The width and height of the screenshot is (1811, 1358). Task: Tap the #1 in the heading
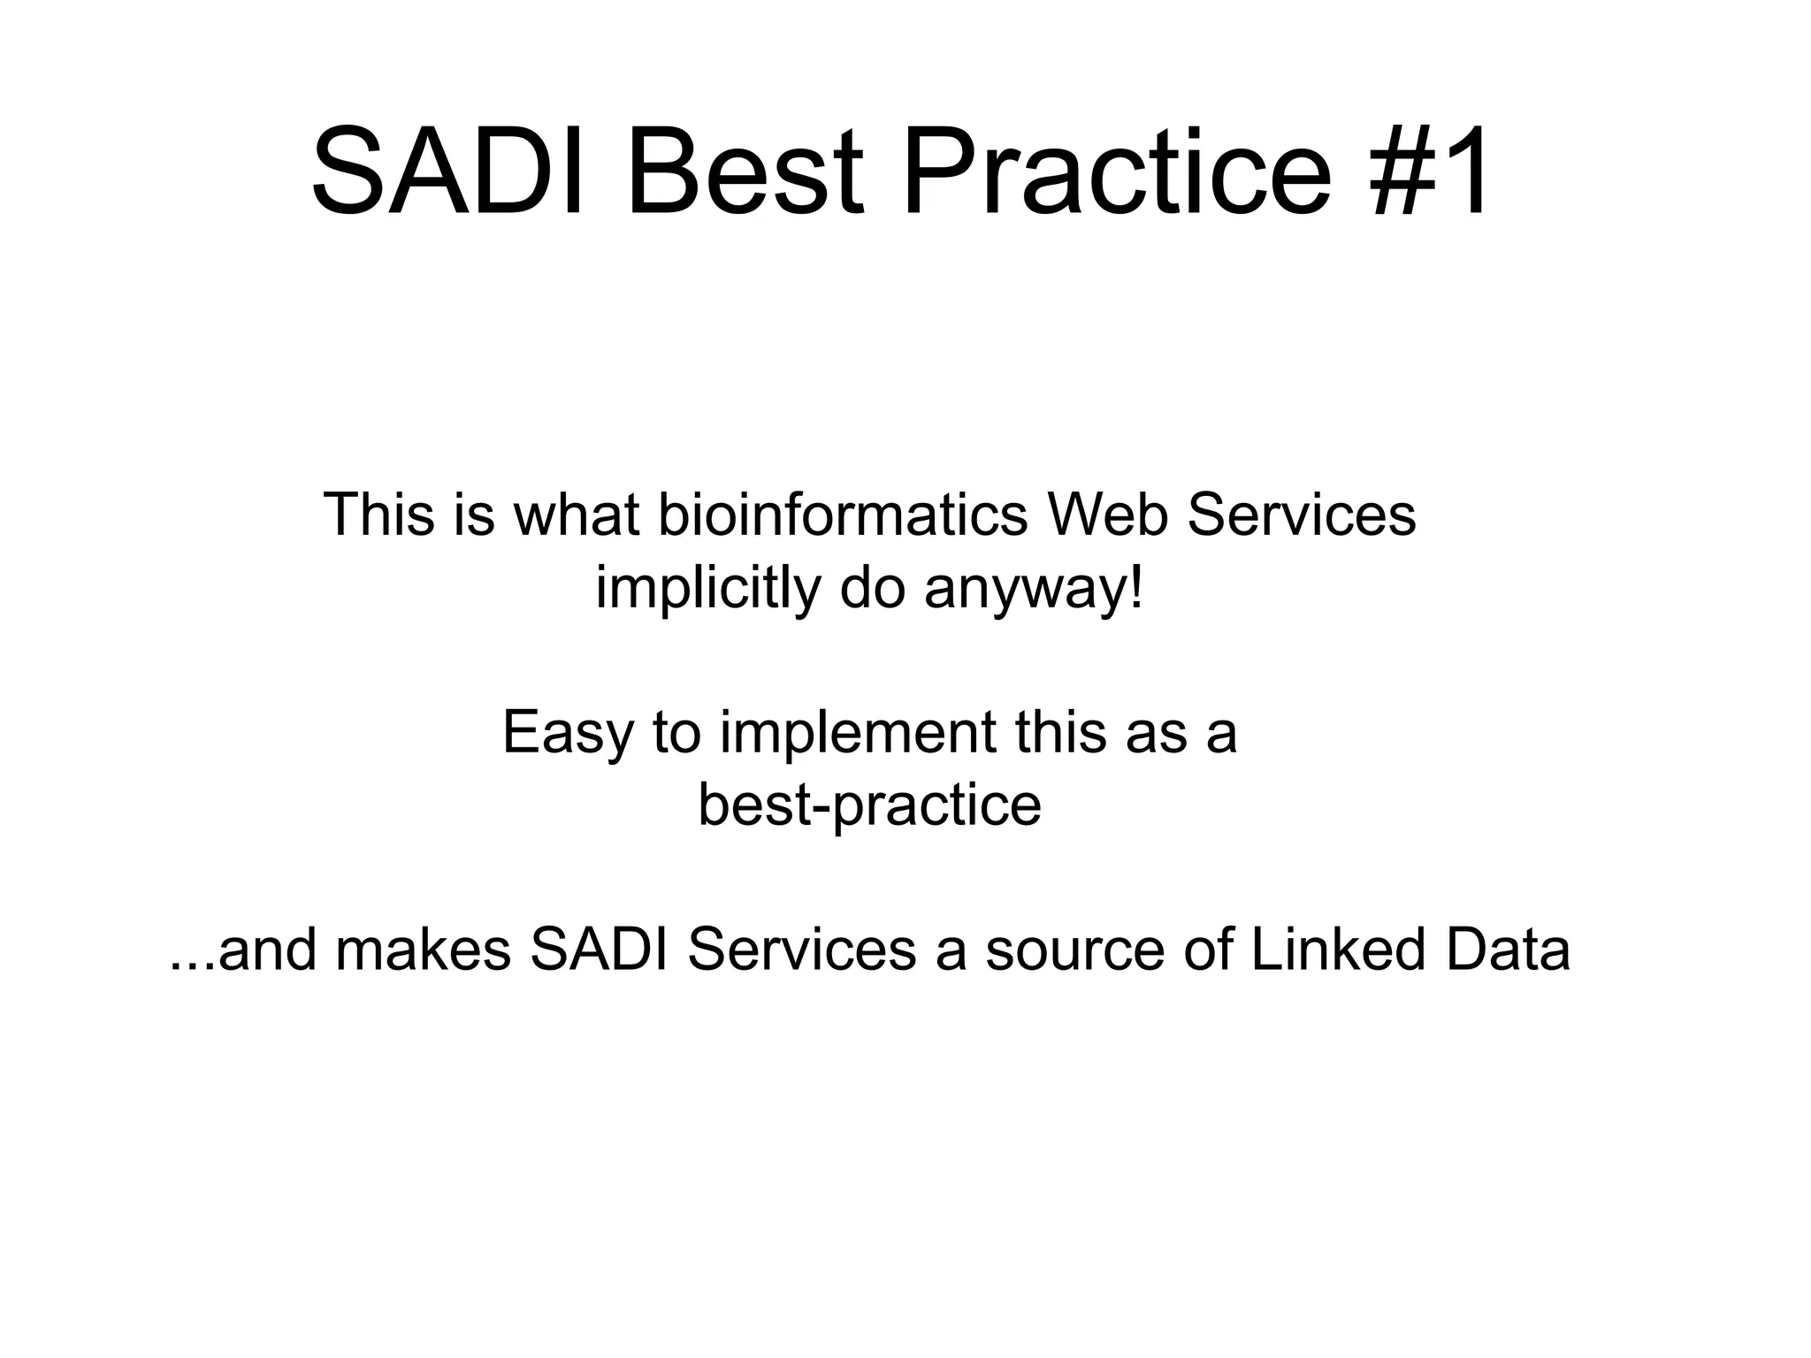click(x=1427, y=172)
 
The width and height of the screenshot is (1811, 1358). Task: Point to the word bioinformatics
click(x=844, y=515)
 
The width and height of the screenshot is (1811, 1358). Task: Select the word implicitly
click(x=707, y=589)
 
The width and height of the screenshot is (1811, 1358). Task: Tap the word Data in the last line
click(x=1508, y=950)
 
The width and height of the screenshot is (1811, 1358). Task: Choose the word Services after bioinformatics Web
click(x=1301, y=515)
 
